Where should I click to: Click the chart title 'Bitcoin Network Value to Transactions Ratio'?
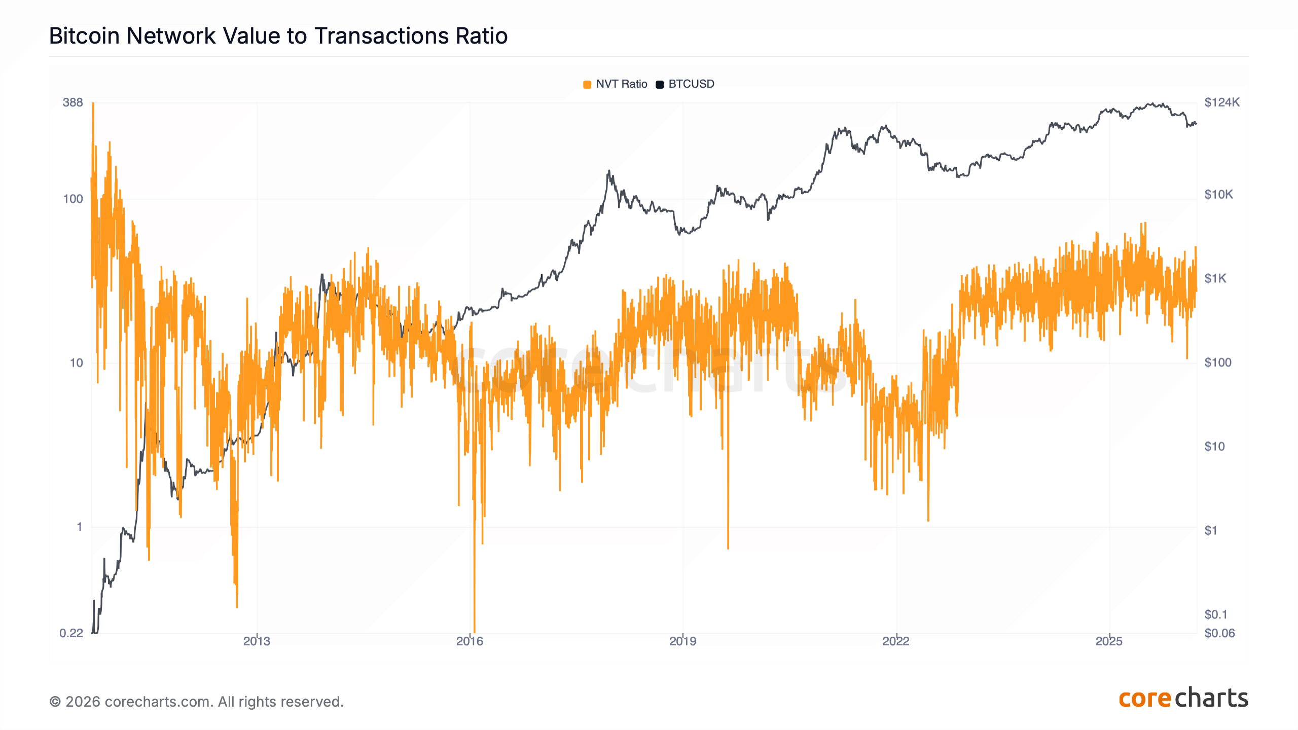[278, 36]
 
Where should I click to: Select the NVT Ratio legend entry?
[616, 84]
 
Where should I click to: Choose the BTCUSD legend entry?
[686, 84]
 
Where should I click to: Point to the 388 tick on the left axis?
[73, 102]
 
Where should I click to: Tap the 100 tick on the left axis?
[73, 199]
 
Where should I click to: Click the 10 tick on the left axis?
[76, 363]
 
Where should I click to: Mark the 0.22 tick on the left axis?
[71, 633]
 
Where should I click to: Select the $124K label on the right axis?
[1222, 102]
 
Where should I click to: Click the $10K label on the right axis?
[1218, 195]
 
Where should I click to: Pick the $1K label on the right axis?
[1215, 278]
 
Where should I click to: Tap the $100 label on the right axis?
[1218, 362]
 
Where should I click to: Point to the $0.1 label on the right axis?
[1216, 614]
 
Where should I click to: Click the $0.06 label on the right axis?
[1219, 633]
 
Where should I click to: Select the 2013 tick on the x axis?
[257, 641]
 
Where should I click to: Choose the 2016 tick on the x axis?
[470, 641]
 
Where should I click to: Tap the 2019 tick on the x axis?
[682, 641]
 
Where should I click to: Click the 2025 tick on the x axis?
[1109, 641]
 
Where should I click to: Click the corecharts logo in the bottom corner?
[1183, 698]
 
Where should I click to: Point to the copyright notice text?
[196, 702]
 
